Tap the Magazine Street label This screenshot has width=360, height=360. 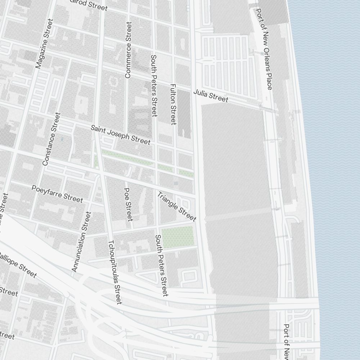(x=45, y=44)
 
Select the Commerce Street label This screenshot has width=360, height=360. (x=128, y=50)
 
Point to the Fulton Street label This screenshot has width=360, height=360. (x=173, y=104)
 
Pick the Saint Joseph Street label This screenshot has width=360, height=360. (x=120, y=135)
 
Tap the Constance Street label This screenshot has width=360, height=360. (x=51, y=139)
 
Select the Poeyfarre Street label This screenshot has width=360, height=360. (x=57, y=194)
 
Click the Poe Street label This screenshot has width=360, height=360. (x=128, y=204)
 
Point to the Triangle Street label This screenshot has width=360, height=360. (x=177, y=206)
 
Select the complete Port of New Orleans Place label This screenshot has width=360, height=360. (x=264, y=49)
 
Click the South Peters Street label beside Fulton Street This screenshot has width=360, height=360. (x=154, y=86)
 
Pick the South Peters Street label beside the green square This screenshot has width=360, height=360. (x=161, y=265)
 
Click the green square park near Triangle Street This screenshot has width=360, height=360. (x=178, y=237)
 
